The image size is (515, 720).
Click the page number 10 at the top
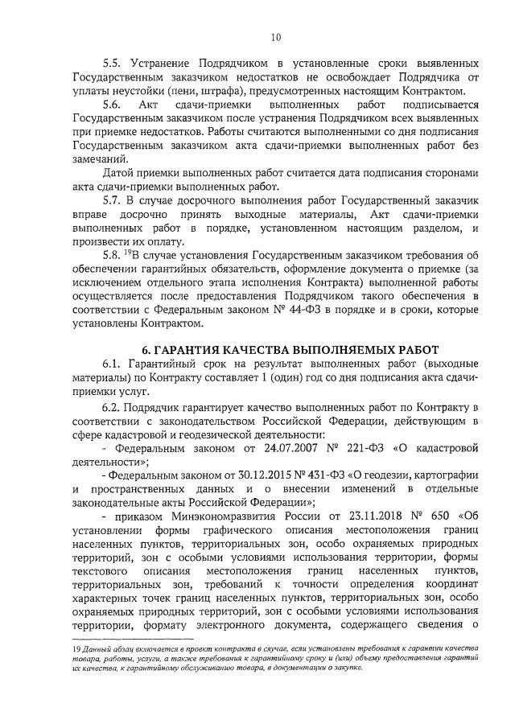tap(276, 36)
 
